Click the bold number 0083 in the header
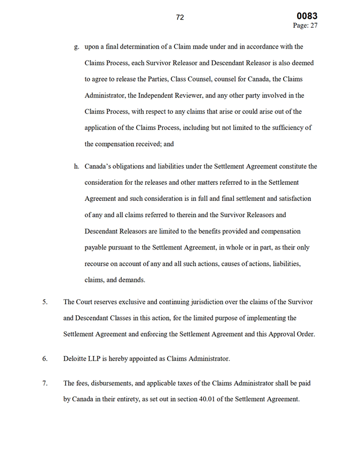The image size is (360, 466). tap(307, 16)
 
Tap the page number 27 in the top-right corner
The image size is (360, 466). tap(313, 25)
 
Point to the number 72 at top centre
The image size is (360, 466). tap(180, 17)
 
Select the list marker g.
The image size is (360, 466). tap(77, 47)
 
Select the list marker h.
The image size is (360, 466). tap(77, 166)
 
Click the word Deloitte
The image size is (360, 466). tap(76, 359)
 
